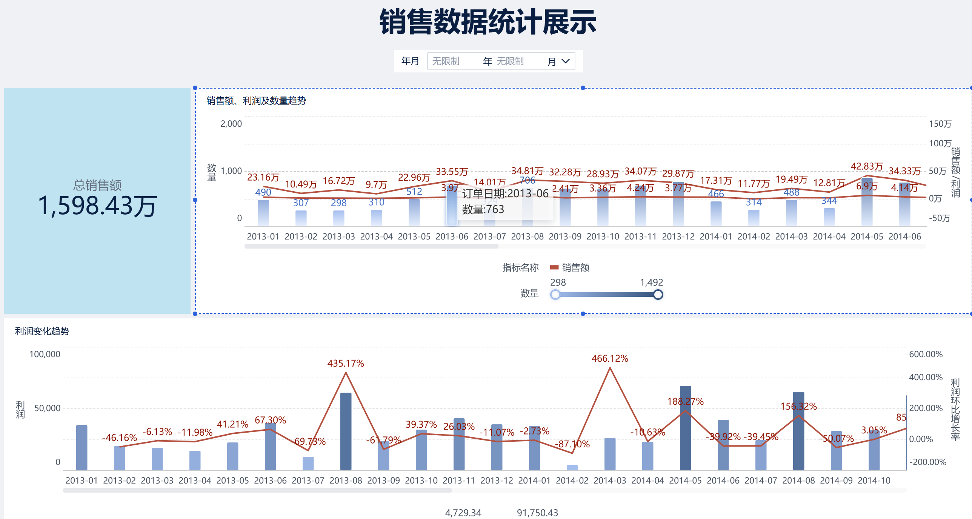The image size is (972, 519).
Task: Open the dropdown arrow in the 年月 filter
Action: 565,61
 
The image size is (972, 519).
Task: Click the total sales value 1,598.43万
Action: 97,206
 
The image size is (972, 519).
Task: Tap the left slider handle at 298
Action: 555,295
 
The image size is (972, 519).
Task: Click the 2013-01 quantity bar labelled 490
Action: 263,213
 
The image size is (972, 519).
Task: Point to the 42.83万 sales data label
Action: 866,166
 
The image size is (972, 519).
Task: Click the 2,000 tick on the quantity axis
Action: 231,124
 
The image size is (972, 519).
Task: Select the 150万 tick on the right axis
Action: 940,124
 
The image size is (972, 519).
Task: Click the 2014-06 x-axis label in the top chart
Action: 904,236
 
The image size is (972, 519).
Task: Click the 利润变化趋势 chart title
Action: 42,331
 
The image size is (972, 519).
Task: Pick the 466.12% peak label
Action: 610,358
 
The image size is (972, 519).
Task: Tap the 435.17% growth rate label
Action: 346,363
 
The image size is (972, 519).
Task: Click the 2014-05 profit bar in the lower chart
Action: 685,428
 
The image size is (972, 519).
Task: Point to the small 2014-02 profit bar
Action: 572,468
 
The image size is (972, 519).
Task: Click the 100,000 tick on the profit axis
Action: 45,354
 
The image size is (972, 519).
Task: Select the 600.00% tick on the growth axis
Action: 926,354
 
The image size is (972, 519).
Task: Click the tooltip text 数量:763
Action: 483,209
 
